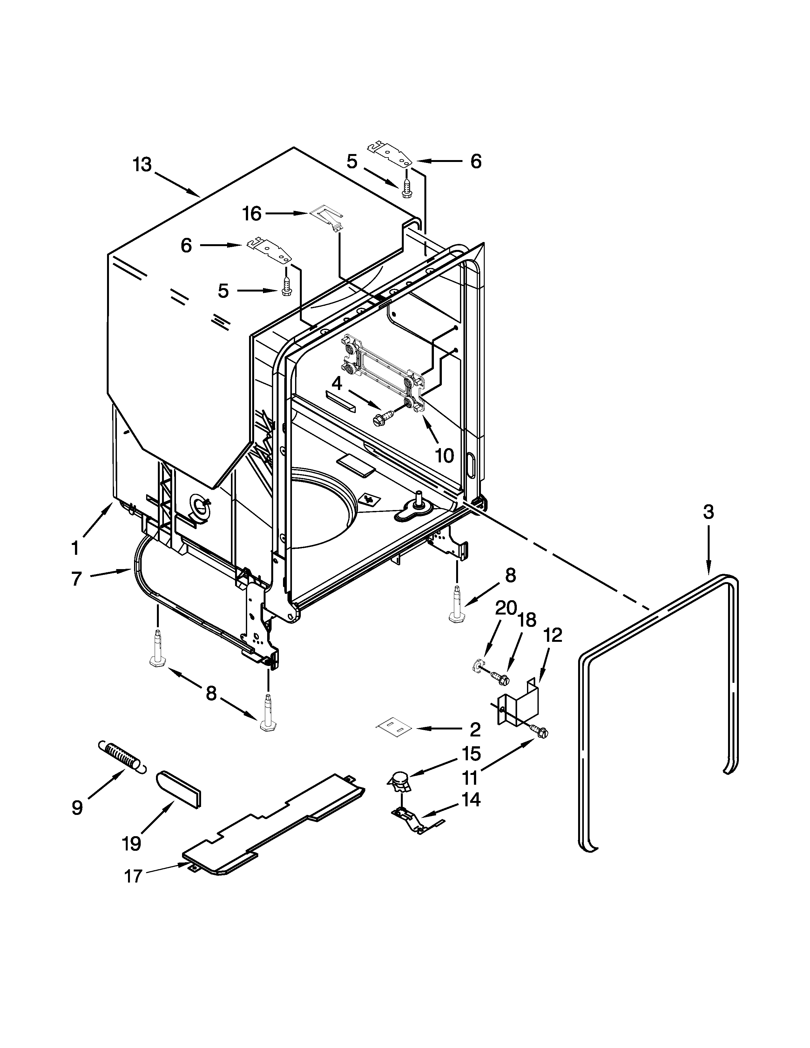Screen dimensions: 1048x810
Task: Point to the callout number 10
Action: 444,455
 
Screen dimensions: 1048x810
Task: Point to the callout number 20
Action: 505,608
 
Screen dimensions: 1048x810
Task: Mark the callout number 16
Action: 252,213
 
